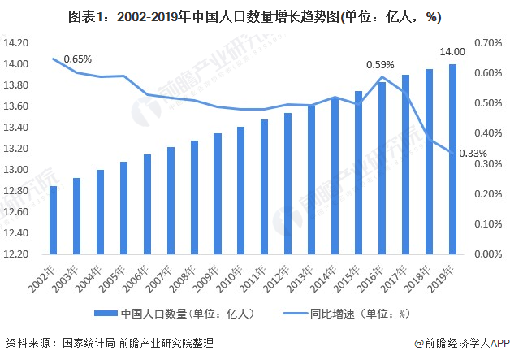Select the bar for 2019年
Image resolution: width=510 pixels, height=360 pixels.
pyautogui.click(x=452, y=158)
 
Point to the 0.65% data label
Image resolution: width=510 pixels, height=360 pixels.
pyautogui.click(x=78, y=59)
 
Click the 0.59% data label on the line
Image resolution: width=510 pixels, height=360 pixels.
pyautogui.click(x=380, y=65)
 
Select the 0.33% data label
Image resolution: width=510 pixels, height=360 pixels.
pyautogui.click(x=473, y=154)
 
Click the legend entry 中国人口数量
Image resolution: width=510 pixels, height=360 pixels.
pyautogui.click(x=179, y=313)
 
